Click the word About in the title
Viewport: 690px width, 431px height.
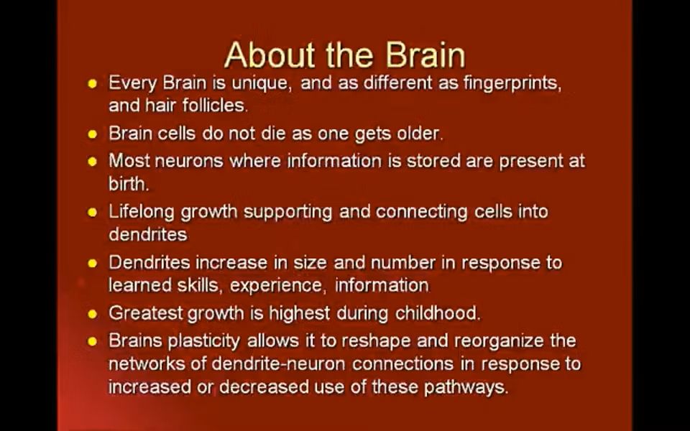(270, 55)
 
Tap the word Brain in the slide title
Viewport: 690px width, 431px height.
(425, 55)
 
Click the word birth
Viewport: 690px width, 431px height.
(129, 183)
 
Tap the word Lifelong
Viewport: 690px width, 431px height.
(142, 211)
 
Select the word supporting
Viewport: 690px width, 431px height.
(287, 211)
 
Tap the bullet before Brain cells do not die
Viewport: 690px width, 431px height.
(92, 134)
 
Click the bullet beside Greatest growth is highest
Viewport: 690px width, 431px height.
(92, 314)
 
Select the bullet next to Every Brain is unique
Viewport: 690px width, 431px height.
(92, 83)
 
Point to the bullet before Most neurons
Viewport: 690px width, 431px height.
(92, 162)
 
